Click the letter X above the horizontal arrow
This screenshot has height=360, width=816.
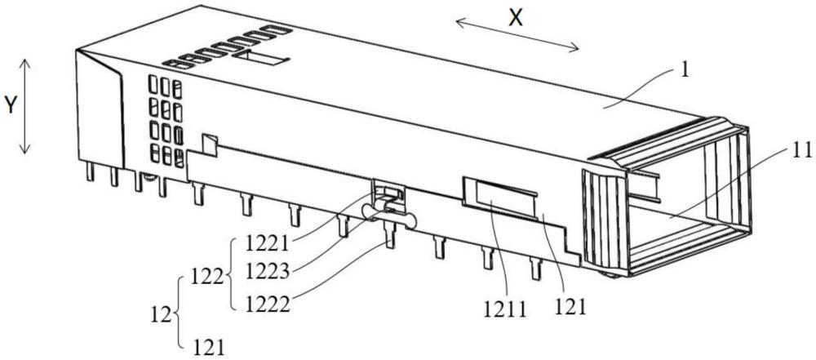(516, 19)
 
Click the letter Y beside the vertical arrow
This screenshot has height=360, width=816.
(10, 105)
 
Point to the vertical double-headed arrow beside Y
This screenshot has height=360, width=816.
(26, 106)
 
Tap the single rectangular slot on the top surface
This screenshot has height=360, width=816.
(261, 59)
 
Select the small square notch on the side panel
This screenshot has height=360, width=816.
(210, 144)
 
